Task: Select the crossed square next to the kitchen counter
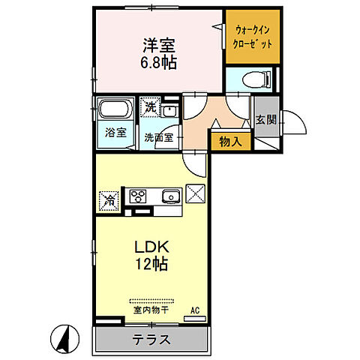197,193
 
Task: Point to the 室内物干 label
150,309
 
